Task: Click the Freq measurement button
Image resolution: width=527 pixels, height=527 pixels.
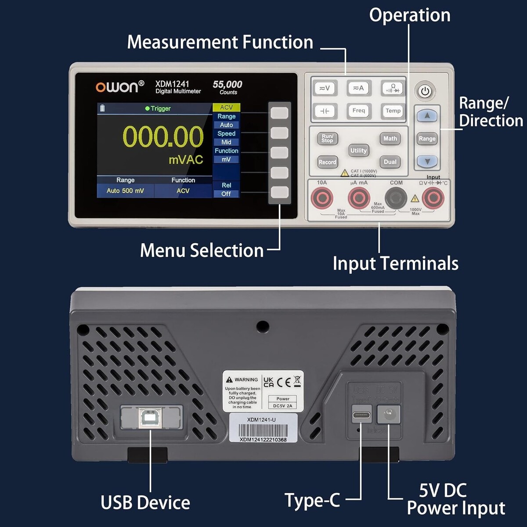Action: (359, 111)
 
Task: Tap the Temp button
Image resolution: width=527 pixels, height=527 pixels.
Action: (393, 111)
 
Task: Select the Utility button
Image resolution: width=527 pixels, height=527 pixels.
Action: (358, 151)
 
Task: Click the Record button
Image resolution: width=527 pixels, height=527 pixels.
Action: (327, 162)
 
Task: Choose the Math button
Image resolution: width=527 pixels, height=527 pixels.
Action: (390, 139)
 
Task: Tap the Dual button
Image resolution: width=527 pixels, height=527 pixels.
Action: (390, 162)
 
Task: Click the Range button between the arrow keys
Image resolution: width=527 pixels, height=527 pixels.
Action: (427, 139)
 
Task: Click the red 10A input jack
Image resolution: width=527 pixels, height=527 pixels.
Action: (322, 198)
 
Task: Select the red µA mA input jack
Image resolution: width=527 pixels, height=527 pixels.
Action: (359, 198)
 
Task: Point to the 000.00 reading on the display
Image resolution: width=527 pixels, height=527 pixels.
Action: (163, 137)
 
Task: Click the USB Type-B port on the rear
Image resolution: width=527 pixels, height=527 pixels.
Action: (151, 418)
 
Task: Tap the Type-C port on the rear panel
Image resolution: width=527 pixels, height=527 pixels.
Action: (361, 415)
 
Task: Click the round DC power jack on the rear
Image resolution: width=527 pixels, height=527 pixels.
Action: (389, 413)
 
